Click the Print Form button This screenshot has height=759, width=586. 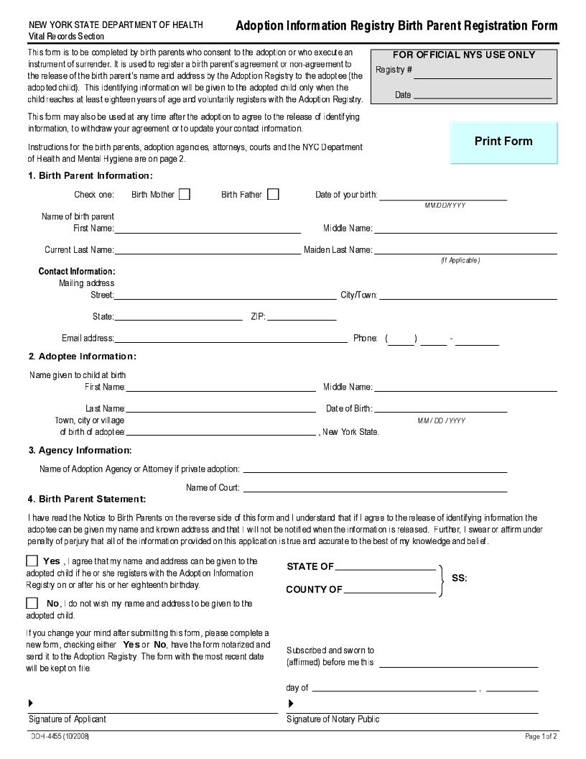[x=503, y=142]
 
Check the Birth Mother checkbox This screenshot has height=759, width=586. [x=185, y=194]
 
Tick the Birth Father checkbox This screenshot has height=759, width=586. [x=273, y=194]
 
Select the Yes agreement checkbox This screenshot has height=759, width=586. [x=32, y=561]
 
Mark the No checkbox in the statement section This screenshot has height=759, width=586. [x=32, y=603]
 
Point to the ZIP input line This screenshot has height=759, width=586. [x=302, y=316]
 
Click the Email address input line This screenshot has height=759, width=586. [x=231, y=338]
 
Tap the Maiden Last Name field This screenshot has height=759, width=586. [x=465, y=249]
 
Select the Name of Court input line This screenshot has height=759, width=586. [x=375, y=487]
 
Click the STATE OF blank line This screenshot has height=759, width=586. [x=385, y=566]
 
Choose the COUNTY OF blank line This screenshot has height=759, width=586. [x=389, y=590]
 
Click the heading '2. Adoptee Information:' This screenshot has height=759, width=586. [x=82, y=356]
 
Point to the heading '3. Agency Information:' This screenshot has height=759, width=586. [x=80, y=451]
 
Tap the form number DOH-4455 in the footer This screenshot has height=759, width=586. [x=60, y=737]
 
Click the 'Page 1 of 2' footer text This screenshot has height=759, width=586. [x=541, y=737]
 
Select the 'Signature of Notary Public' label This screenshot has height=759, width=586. [x=333, y=719]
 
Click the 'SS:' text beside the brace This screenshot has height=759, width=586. [x=460, y=578]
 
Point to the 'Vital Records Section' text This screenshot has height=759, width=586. [x=66, y=36]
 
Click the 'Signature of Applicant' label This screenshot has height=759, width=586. [x=68, y=719]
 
